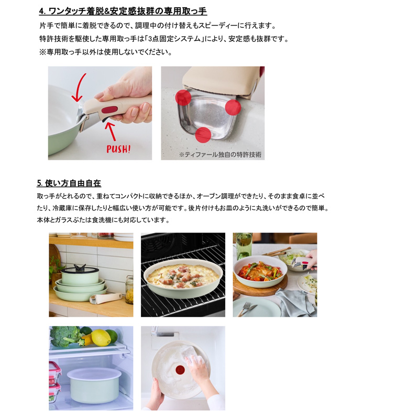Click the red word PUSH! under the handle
118,148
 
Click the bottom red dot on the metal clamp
203,135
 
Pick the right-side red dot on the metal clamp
233,107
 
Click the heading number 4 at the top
41,11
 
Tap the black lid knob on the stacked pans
78,267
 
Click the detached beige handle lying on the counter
105,299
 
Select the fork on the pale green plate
245,309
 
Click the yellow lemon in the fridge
101,338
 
